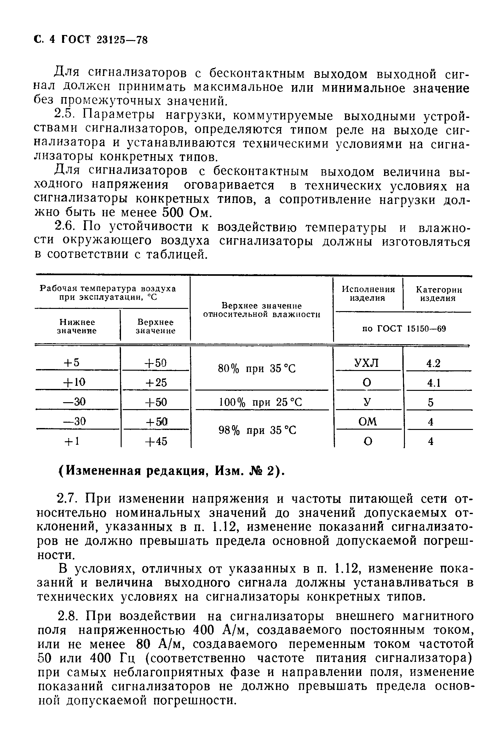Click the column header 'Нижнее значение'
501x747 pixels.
(77, 326)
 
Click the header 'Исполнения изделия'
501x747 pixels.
(368, 293)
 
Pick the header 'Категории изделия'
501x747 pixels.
(438, 293)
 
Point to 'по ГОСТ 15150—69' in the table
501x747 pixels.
(404, 329)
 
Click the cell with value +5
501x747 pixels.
(72, 363)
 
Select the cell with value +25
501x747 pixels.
(156, 382)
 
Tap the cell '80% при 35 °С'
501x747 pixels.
(256, 369)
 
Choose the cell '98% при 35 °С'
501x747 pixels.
(257, 431)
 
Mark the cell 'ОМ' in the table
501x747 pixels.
(367, 422)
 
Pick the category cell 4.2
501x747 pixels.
(433, 363)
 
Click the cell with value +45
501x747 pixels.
(156, 442)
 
